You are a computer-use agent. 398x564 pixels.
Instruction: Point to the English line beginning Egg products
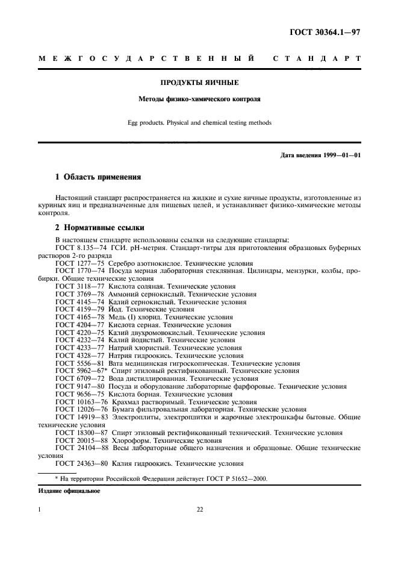click(x=199, y=122)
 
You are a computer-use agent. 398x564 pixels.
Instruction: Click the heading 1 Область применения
click(x=98, y=177)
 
